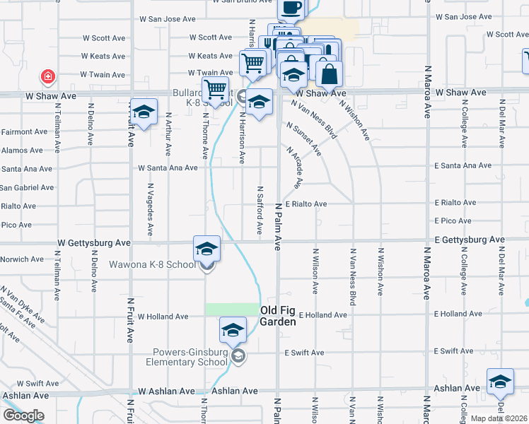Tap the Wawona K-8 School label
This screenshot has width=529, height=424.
point(151,265)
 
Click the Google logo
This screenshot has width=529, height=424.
point(23,416)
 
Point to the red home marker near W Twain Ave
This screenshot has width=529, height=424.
point(47,76)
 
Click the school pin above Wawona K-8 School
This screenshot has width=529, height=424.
point(207,249)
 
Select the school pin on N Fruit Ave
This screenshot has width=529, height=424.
point(144,113)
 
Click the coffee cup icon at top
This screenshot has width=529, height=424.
point(291,8)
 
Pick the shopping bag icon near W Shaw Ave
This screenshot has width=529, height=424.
point(329,73)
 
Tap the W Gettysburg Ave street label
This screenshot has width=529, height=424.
point(94,242)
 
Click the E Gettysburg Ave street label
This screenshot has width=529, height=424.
point(470,240)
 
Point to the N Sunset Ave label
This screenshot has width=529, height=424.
point(304,139)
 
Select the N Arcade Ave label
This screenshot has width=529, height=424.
point(295,167)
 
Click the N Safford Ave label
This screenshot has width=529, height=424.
point(260,211)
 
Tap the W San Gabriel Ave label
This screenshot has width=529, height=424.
point(26,187)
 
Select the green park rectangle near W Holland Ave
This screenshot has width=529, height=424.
point(232,309)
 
